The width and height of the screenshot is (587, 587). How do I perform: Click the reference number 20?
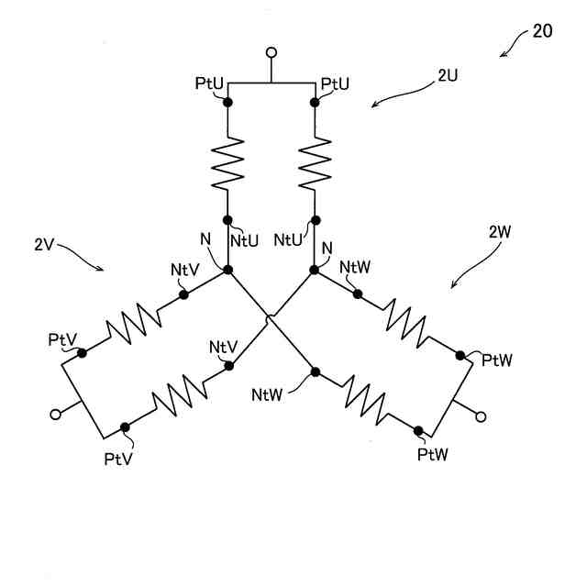coord(542,30)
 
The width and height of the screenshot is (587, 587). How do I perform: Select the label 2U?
coord(448,76)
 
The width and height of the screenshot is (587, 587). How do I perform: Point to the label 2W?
coord(501,232)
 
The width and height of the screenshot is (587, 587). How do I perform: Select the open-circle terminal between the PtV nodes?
coord(56,415)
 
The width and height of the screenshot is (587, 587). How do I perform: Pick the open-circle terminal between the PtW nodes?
coord(480,417)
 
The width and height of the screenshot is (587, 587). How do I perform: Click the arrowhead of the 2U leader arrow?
coord(373,105)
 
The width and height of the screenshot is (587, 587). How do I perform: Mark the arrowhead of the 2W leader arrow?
coord(453,287)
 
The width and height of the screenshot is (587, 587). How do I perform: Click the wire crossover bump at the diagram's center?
coord(270,319)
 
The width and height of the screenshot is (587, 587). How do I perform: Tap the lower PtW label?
coord(432,454)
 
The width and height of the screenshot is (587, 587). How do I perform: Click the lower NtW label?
coord(268,395)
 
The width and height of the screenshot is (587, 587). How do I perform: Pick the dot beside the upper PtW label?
coord(460,353)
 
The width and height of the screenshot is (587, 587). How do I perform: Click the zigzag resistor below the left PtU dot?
coord(228,161)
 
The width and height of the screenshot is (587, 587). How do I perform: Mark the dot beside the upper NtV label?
coord(183,294)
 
